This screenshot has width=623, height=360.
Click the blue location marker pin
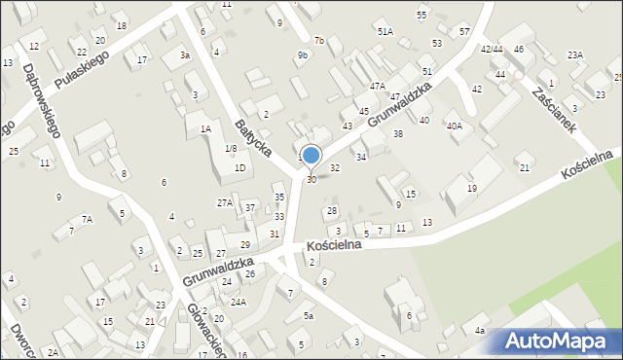(x=311, y=156)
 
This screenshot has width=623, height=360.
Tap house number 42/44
(x=492, y=49)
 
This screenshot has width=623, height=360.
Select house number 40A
(x=455, y=126)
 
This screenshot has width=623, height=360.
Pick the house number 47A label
(x=377, y=87)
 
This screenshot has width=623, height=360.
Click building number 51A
(x=385, y=32)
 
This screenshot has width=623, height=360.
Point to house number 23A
(x=575, y=54)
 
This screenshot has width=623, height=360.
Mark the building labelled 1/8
(x=231, y=148)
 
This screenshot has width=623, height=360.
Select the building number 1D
(x=239, y=167)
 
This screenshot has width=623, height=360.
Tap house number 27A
(x=224, y=202)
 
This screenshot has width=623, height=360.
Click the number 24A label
(x=238, y=303)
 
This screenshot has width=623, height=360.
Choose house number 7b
(x=318, y=41)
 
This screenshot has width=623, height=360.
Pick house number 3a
(x=184, y=55)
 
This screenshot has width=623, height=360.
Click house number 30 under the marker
(x=311, y=179)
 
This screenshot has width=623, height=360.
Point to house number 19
(x=472, y=188)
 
